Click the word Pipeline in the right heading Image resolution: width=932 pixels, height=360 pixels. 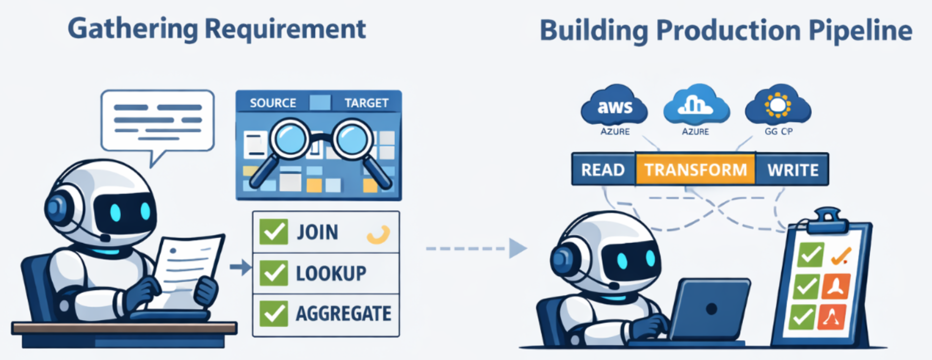coord(860,31)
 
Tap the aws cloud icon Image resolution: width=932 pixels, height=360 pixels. coord(614,105)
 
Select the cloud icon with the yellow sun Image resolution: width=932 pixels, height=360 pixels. coord(777,105)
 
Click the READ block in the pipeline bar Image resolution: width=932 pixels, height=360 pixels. coord(603,170)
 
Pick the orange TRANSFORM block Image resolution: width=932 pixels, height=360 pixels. coord(695,170)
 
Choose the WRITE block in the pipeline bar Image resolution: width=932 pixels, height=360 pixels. coord(793,170)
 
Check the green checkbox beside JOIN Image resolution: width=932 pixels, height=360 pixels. coord(273,232)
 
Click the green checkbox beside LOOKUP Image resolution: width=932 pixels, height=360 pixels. coord(273,273)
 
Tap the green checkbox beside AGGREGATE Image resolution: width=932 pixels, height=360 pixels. coord(273,313)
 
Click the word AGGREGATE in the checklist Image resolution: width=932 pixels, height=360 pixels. coord(343,314)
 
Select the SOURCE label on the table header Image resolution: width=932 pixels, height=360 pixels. coord(272,103)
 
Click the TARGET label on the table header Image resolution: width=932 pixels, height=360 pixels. coord(366,103)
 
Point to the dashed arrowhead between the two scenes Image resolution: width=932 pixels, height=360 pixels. coord(517,248)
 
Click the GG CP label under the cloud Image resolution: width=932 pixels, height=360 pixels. coord(778,131)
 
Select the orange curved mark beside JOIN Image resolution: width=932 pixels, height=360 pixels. coord(378,234)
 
